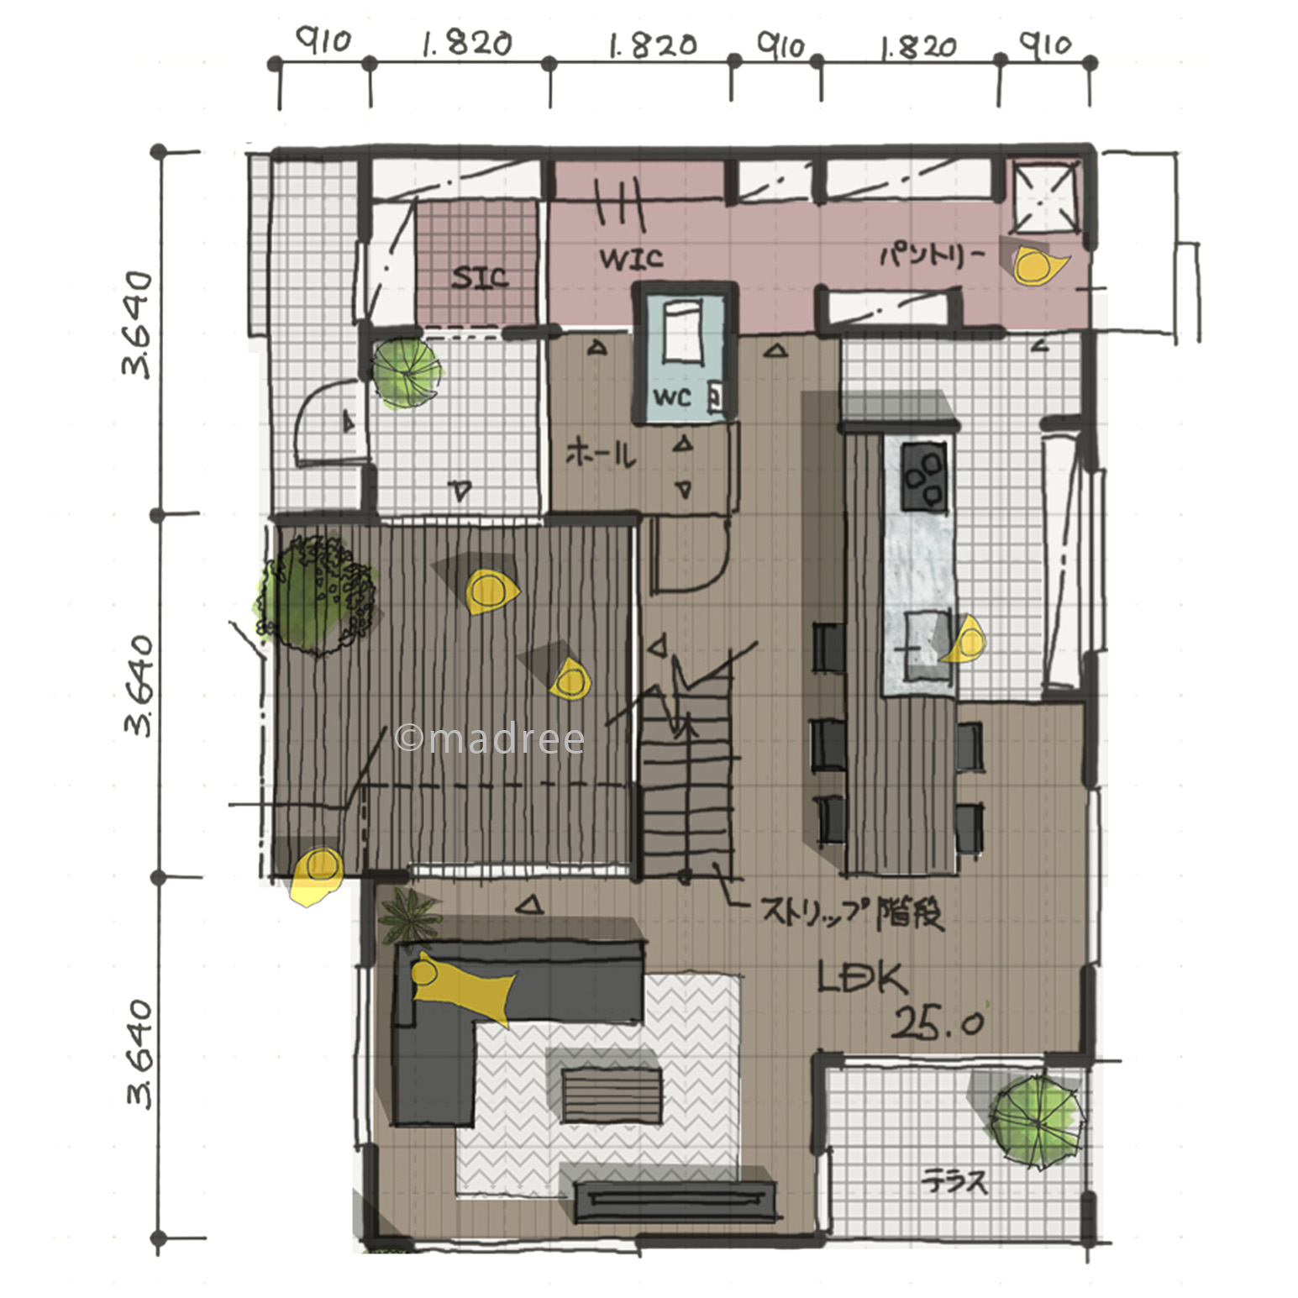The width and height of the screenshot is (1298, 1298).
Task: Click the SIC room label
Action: pos(479,277)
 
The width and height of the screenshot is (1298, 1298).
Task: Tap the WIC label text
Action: pos(631,258)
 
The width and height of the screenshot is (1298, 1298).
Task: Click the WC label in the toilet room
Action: pos(672,397)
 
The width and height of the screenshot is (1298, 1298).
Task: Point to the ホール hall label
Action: pos(601,455)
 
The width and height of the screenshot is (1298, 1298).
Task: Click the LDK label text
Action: pos(863,978)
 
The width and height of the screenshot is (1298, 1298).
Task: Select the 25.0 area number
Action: pos(936,1023)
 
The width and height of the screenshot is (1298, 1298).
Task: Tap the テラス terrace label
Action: pos(954,1182)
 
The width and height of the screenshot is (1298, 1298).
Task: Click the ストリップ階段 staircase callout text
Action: pos(852,912)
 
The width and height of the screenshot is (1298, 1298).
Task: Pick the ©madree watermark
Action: pos(490,738)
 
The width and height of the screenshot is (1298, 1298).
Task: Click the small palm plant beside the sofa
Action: pos(410,915)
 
